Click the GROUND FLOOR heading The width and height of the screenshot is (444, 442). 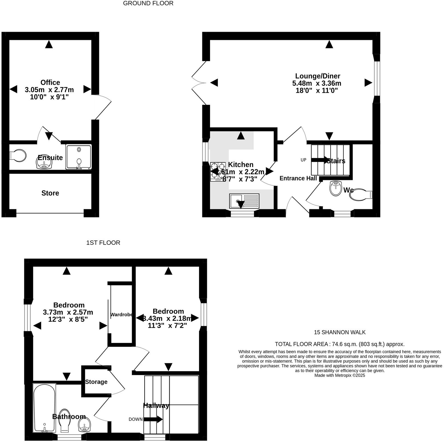point(148,3)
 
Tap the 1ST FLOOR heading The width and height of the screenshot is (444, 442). point(103,243)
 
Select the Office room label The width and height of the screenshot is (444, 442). point(50,82)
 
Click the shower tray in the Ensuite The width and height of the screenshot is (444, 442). point(79,157)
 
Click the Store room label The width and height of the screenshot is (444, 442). point(50,193)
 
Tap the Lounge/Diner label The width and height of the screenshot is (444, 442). point(317,76)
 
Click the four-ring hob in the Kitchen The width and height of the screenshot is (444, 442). point(218,171)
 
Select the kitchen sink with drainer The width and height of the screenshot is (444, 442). point(244,201)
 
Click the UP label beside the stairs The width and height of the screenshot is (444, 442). point(303,160)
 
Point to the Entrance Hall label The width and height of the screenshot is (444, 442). point(298,178)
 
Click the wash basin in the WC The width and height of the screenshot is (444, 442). point(335,188)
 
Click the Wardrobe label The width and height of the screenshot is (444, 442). point(121,315)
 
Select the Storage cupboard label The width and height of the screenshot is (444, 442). point(96,382)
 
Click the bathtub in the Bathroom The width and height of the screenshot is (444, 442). point(44,408)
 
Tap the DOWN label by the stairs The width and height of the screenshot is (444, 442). point(136,419)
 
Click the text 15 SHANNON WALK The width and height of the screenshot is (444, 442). point(339,332)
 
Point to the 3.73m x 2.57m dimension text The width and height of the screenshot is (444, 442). point(68,312)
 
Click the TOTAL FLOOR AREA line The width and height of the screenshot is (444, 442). point(339,344)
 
